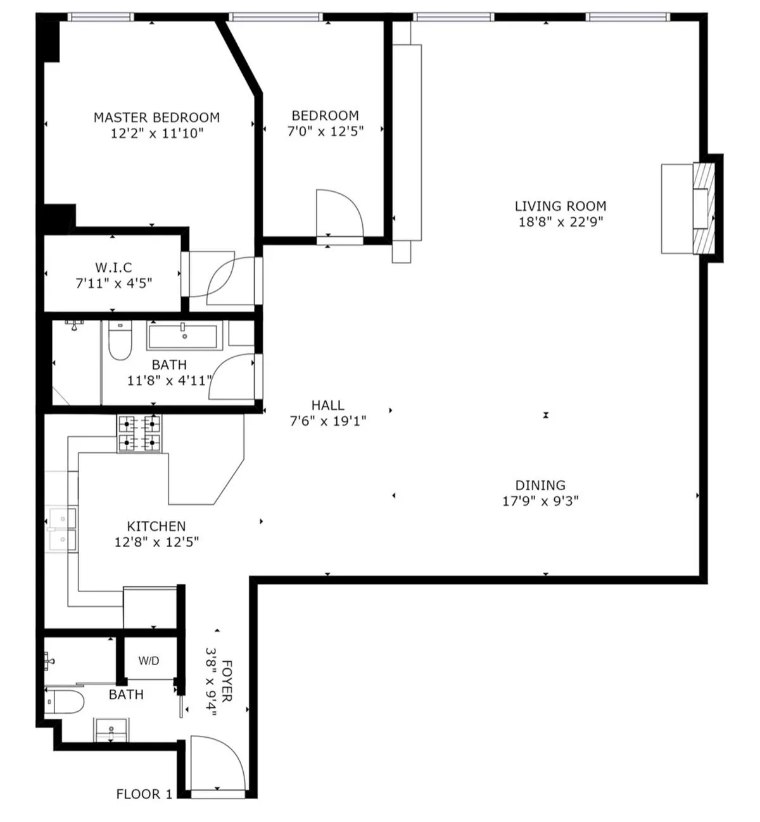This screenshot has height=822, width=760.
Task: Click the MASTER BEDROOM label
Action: point(156,117)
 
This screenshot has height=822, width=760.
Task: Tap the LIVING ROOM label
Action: point(560,206)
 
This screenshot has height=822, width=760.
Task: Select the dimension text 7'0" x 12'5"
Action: point(325,132)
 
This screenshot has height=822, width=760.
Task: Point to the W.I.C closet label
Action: point(113,267)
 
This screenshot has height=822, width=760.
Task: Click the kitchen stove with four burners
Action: point(139,433)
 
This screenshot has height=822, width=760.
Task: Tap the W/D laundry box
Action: point(149,661)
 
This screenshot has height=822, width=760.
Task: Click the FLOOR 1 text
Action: point(144,794)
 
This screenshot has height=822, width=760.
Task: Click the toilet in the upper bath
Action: point(119,342)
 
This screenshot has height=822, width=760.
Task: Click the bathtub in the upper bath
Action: point(183,335)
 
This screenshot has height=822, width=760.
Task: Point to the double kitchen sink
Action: point(62,529)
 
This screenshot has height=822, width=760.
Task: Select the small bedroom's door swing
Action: point(339,214)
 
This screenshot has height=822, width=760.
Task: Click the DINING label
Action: point(540,485)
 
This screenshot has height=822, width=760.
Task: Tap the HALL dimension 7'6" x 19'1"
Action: point(327,421)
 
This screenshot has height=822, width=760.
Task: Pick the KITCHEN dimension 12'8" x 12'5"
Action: point(156,542)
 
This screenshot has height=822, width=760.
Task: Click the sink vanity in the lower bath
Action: point(111,730)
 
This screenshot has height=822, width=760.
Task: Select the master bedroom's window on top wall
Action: point(101,17)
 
